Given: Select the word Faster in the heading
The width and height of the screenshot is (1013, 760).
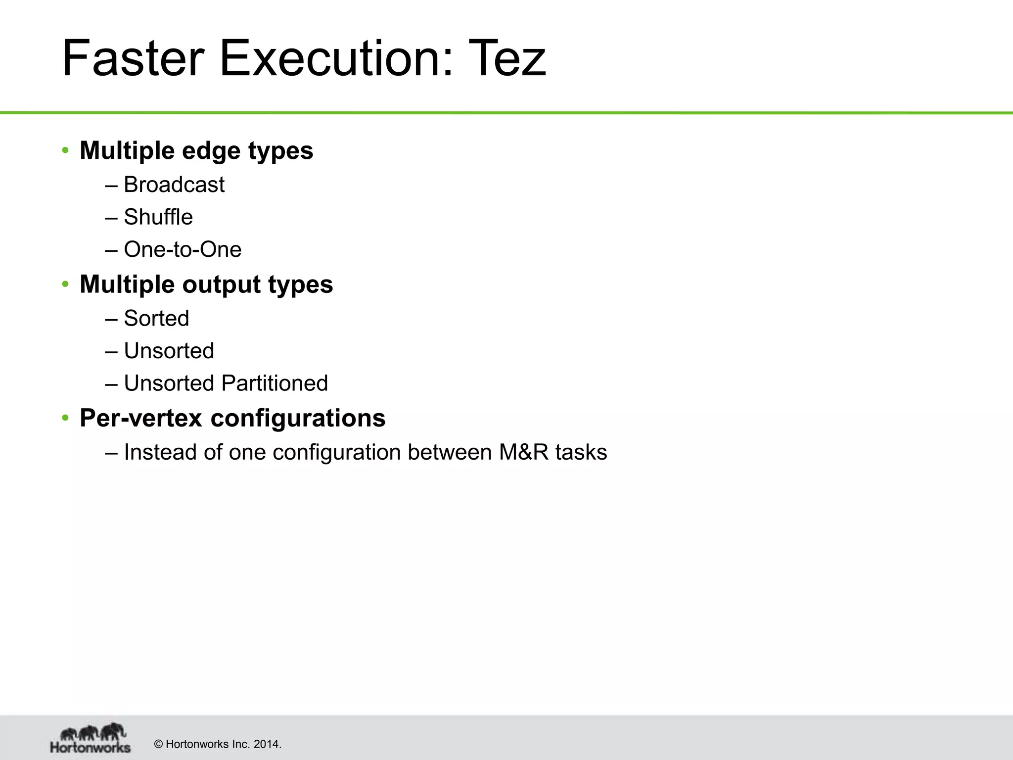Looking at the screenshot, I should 133,59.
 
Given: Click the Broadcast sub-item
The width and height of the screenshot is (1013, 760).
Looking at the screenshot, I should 174,185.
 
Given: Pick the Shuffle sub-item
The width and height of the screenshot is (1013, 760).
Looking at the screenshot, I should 158,217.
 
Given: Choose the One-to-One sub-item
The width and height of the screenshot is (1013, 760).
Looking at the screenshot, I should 183,249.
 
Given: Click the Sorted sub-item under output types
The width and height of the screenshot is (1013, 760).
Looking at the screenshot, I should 156,318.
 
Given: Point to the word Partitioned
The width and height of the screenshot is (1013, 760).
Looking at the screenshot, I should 275,383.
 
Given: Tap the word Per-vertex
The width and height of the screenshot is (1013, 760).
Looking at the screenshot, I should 140,418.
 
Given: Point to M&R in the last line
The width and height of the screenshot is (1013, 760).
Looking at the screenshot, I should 523,452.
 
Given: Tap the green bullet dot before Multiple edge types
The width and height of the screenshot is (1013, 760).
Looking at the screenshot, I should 65,150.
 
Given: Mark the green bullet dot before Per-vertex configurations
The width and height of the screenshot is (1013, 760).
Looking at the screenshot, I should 65,418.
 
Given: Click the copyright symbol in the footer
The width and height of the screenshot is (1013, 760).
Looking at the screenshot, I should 159,744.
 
